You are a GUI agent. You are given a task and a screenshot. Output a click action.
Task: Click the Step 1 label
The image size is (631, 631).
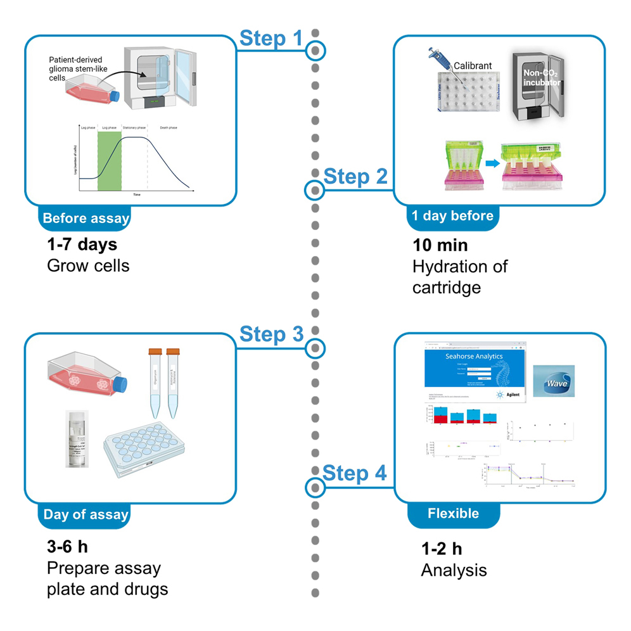(x=271, y=39)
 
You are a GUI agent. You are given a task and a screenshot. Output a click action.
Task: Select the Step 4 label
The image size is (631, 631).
(x=355, y=473)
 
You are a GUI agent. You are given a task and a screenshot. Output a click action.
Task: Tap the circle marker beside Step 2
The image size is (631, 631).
(x=314, y=189)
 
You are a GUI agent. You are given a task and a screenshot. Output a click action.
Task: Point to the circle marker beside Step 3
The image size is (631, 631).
(x=315, y=347)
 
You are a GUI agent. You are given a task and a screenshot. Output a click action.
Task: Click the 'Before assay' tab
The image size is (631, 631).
(x=86, y=219)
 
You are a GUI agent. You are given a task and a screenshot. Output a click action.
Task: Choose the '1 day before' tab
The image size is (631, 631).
(x=452, y=216)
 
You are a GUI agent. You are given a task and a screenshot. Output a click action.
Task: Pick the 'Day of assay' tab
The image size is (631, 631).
(x=86, y=514)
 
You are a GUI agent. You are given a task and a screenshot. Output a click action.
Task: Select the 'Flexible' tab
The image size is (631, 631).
(x=454, y=513)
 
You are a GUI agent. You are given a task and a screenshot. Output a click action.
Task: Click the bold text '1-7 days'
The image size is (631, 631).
(x=82, y=244)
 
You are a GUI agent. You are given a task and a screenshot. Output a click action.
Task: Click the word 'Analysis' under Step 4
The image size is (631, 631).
(x=454, y=570)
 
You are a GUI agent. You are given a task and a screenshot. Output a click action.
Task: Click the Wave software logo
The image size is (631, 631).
(x=554, y=381)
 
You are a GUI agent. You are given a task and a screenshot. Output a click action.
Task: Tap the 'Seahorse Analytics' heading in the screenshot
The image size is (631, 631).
(x=474, y=357)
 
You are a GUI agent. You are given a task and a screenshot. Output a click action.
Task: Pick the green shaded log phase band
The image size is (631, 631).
(x=109, y=159)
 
